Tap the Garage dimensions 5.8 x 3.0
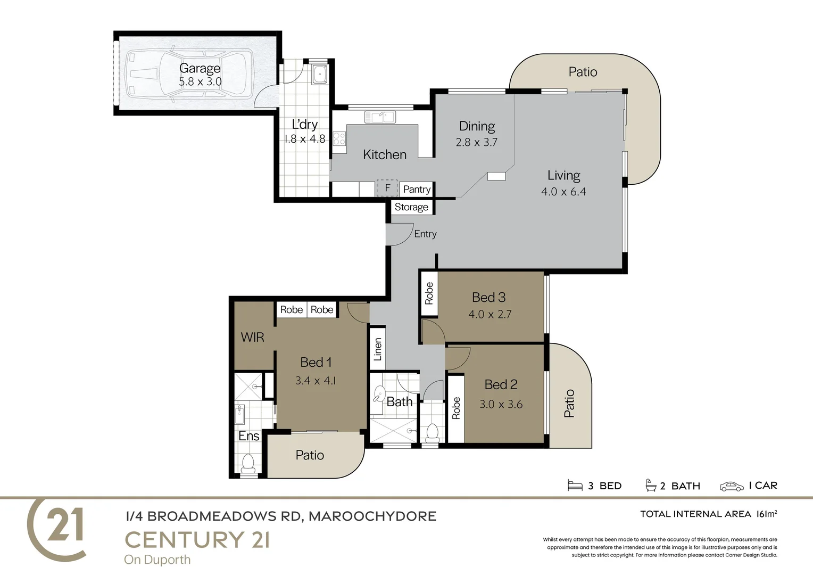click(x=200, y=82)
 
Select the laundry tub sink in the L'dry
click(x=319, y=74)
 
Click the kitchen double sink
click(x=379, y=117)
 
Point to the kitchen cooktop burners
click(x=339, y=139)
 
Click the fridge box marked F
click(x=387, y=188)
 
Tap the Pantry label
click(x=417, y=189)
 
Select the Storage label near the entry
click(x=411, y=207)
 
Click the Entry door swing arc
click(x=401, y=235)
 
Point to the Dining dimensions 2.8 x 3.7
click(x=476, y=143)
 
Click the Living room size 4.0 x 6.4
click(x=563, y=192)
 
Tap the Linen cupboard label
click(x=378, y=349)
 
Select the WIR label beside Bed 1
click(x=252, y=337)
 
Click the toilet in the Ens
click(x=248, y=463)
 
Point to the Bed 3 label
click(x=488, y=297)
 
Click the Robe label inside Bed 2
click(x=456, y=408)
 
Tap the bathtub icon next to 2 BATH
click(x=650, y=486)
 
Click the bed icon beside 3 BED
click(x=575, y=486)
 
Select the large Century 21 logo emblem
click(x=57, y=529)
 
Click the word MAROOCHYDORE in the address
click(x=372, y=516)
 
